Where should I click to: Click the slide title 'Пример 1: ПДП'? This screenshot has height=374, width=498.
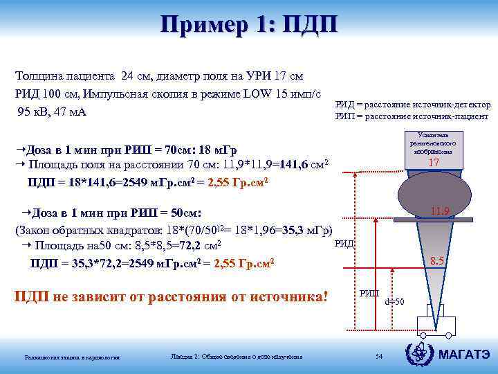point(248,26)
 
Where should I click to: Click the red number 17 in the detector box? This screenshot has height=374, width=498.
point(434,162)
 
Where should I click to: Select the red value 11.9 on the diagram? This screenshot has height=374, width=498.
point(440,211)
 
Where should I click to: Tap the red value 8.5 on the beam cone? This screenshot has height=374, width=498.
point(437,261)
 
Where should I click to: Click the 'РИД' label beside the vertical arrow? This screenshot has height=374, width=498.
point(344,243)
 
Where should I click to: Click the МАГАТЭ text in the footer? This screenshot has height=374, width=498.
point(465,355)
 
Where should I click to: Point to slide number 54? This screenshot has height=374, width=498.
point(378,356)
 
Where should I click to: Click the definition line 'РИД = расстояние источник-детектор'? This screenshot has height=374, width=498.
point(413,105)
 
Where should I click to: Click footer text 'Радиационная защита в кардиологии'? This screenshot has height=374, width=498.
point(73,357)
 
